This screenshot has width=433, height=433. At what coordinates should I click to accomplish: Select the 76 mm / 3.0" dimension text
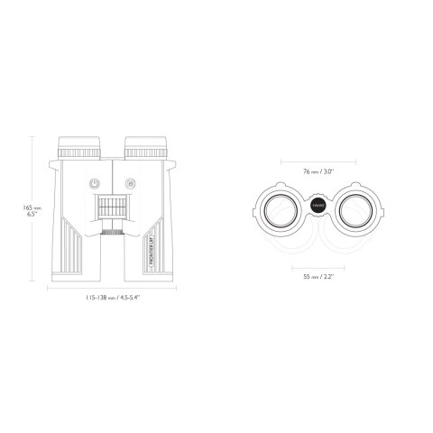[x=318, y=170]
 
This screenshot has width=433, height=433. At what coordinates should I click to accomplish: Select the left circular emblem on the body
[x=93, y=183]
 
